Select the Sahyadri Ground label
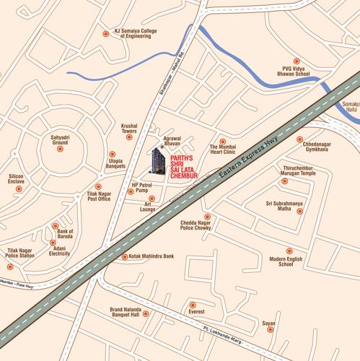[60, 139]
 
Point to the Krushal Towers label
[129, 129]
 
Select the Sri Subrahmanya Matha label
[284, 206]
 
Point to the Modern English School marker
[289, 251]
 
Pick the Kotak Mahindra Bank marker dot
[124, 256]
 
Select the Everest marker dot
[191, 303]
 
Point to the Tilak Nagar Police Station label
[20, 253]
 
